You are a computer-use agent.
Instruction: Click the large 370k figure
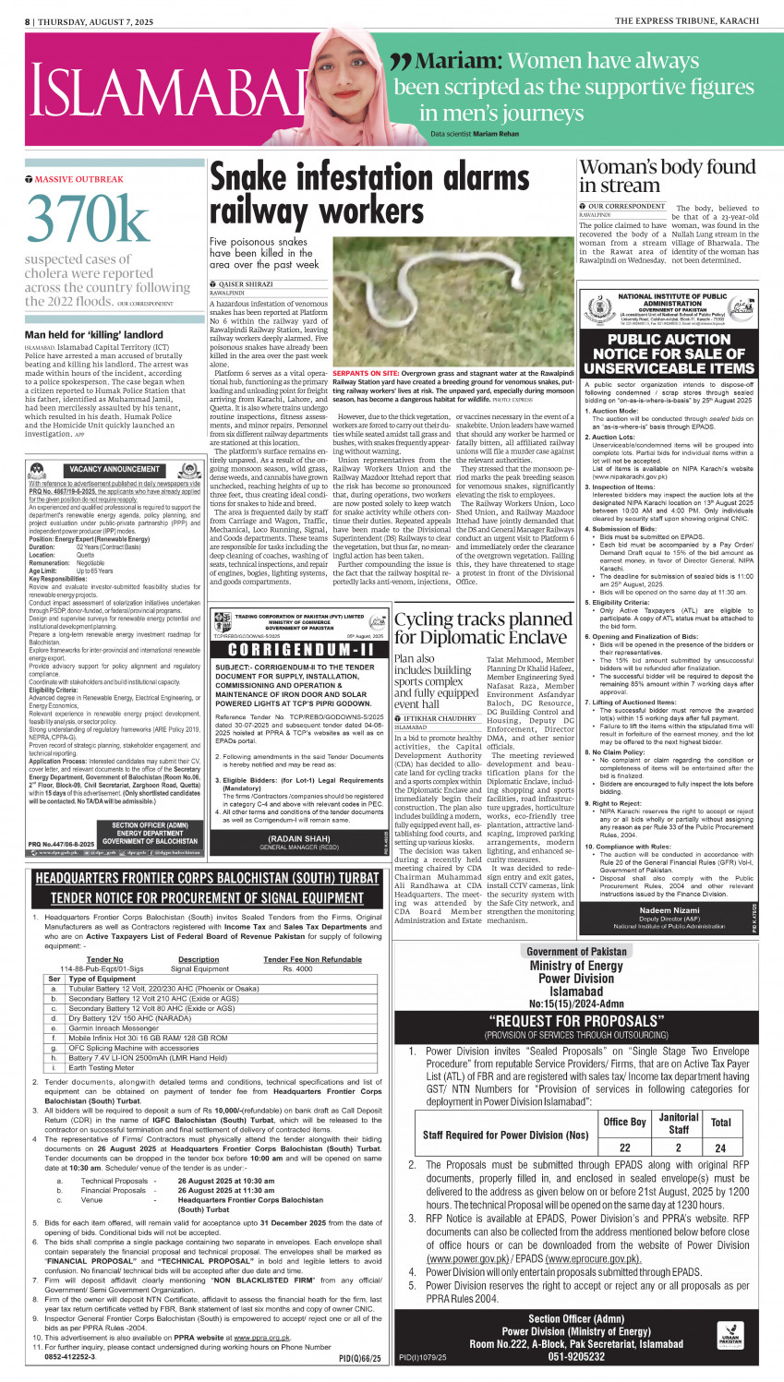88,221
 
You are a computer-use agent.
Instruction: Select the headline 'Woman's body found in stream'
667,175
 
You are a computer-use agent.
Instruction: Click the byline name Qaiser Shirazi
245,284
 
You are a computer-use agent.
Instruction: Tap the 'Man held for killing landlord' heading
94,334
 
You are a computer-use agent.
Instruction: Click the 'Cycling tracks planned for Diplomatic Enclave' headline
483,628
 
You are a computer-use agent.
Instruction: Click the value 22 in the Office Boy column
624,1148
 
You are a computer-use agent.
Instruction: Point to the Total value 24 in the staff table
720,1148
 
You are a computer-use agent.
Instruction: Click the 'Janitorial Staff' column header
679,1123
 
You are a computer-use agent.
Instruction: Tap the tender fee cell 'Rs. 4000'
296,968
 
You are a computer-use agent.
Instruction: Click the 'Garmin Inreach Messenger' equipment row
114,1027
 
